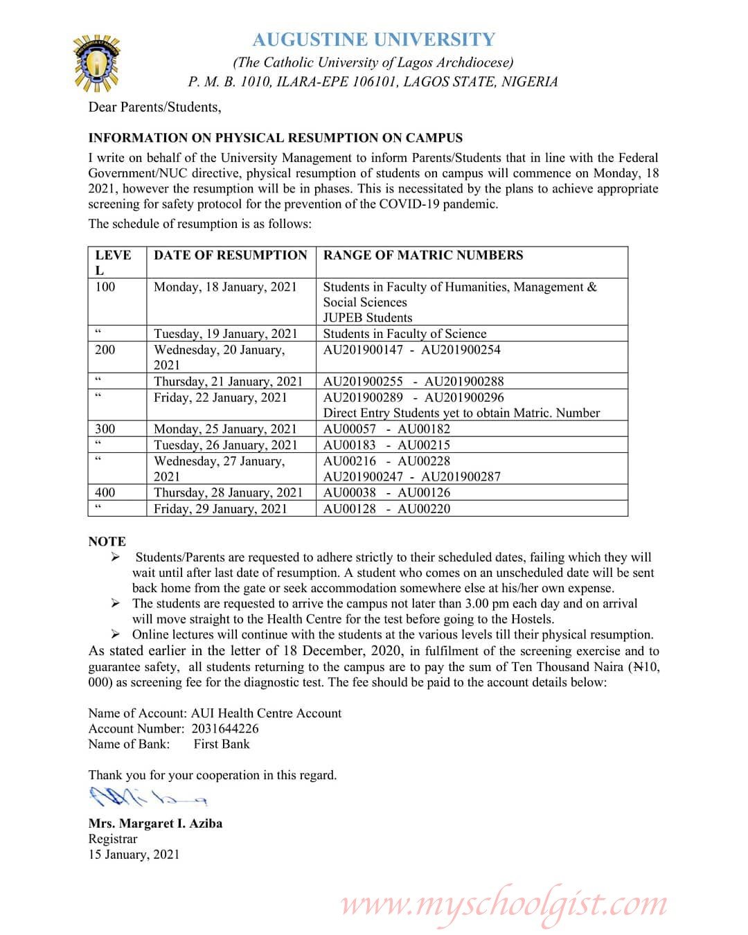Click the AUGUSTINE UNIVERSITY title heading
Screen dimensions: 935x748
point(373,39)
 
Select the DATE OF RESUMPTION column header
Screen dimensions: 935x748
point(230,255)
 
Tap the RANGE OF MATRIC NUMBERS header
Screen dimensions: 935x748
point(423,255)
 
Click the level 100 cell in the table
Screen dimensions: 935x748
point(105,287)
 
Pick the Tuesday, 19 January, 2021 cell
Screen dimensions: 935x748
point(225,333)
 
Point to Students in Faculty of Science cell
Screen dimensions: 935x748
point(404,333)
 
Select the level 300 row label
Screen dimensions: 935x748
point(105,429)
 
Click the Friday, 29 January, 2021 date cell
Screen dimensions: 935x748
point(220,508)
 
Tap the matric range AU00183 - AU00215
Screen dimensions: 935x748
point(386,445)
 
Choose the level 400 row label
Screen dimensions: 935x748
point(105,492)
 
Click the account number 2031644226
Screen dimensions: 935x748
point(222,729)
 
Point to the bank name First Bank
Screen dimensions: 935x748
point(222,744)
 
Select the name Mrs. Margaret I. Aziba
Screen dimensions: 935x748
point(155,823)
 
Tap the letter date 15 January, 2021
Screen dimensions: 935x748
point(134,854)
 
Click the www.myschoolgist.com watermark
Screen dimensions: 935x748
point(504,905)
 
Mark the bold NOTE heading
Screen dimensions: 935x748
point(107,542)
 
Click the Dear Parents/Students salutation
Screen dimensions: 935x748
point(154,107)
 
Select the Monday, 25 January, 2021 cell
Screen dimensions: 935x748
point(225,429)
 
